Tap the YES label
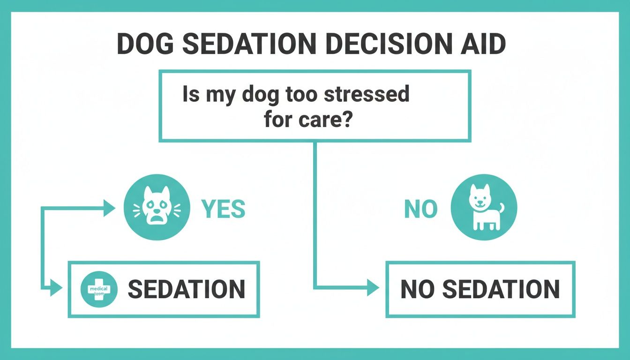223,210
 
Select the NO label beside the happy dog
420,210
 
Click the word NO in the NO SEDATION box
418,289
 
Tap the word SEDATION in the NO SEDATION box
501,289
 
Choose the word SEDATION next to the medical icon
186,289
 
